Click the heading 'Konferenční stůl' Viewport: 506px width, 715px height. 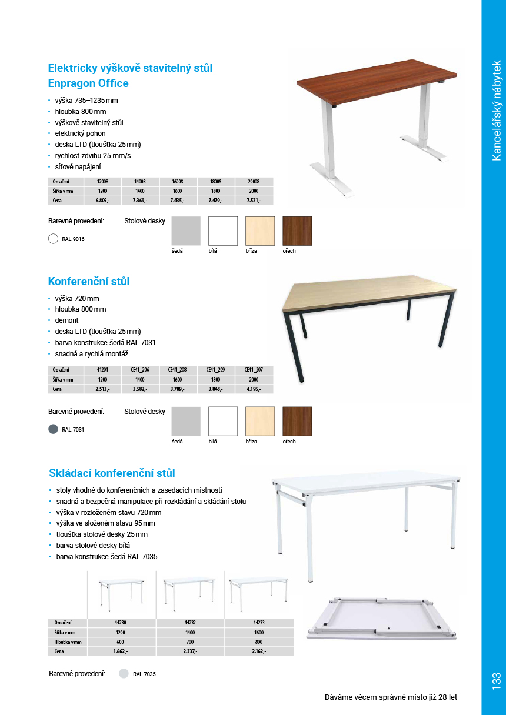pyautogui.click(x=89, y=282)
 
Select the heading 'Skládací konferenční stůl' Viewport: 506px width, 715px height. pyautogui.click(x=112, y=473)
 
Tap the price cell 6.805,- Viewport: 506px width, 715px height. pyautogui.click(x=102, y=201)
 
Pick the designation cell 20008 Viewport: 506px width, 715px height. pyautogui.click(x=254, y=182)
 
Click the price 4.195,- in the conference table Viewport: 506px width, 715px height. pyautogui.click(x=254, y=389)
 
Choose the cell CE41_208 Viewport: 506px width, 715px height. pyautogui.click(x=177, y=370)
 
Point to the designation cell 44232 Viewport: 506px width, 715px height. pyautogui.click(x=190, y=622)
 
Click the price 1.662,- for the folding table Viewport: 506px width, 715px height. pyautogui.click(x=121, y=651)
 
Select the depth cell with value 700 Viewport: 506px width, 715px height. pyautogui.click(x=190, y=642)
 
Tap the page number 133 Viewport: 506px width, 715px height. pyautogui.click(x=495, y=681)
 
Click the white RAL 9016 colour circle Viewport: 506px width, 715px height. pyautogui.click(x=52, y=239)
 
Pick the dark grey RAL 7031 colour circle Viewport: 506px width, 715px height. pyautogui.click(x=52, y=429)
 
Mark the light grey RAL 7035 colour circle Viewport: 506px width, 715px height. pyautogui.click(x=124, y=674)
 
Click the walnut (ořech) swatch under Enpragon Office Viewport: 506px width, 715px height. pyautogui.click(x=297, y=230)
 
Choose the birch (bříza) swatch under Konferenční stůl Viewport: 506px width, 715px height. pyautogui.click(x=260, y=421)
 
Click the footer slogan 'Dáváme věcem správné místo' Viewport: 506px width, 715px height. pyautogui.click(x=391, y=697)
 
